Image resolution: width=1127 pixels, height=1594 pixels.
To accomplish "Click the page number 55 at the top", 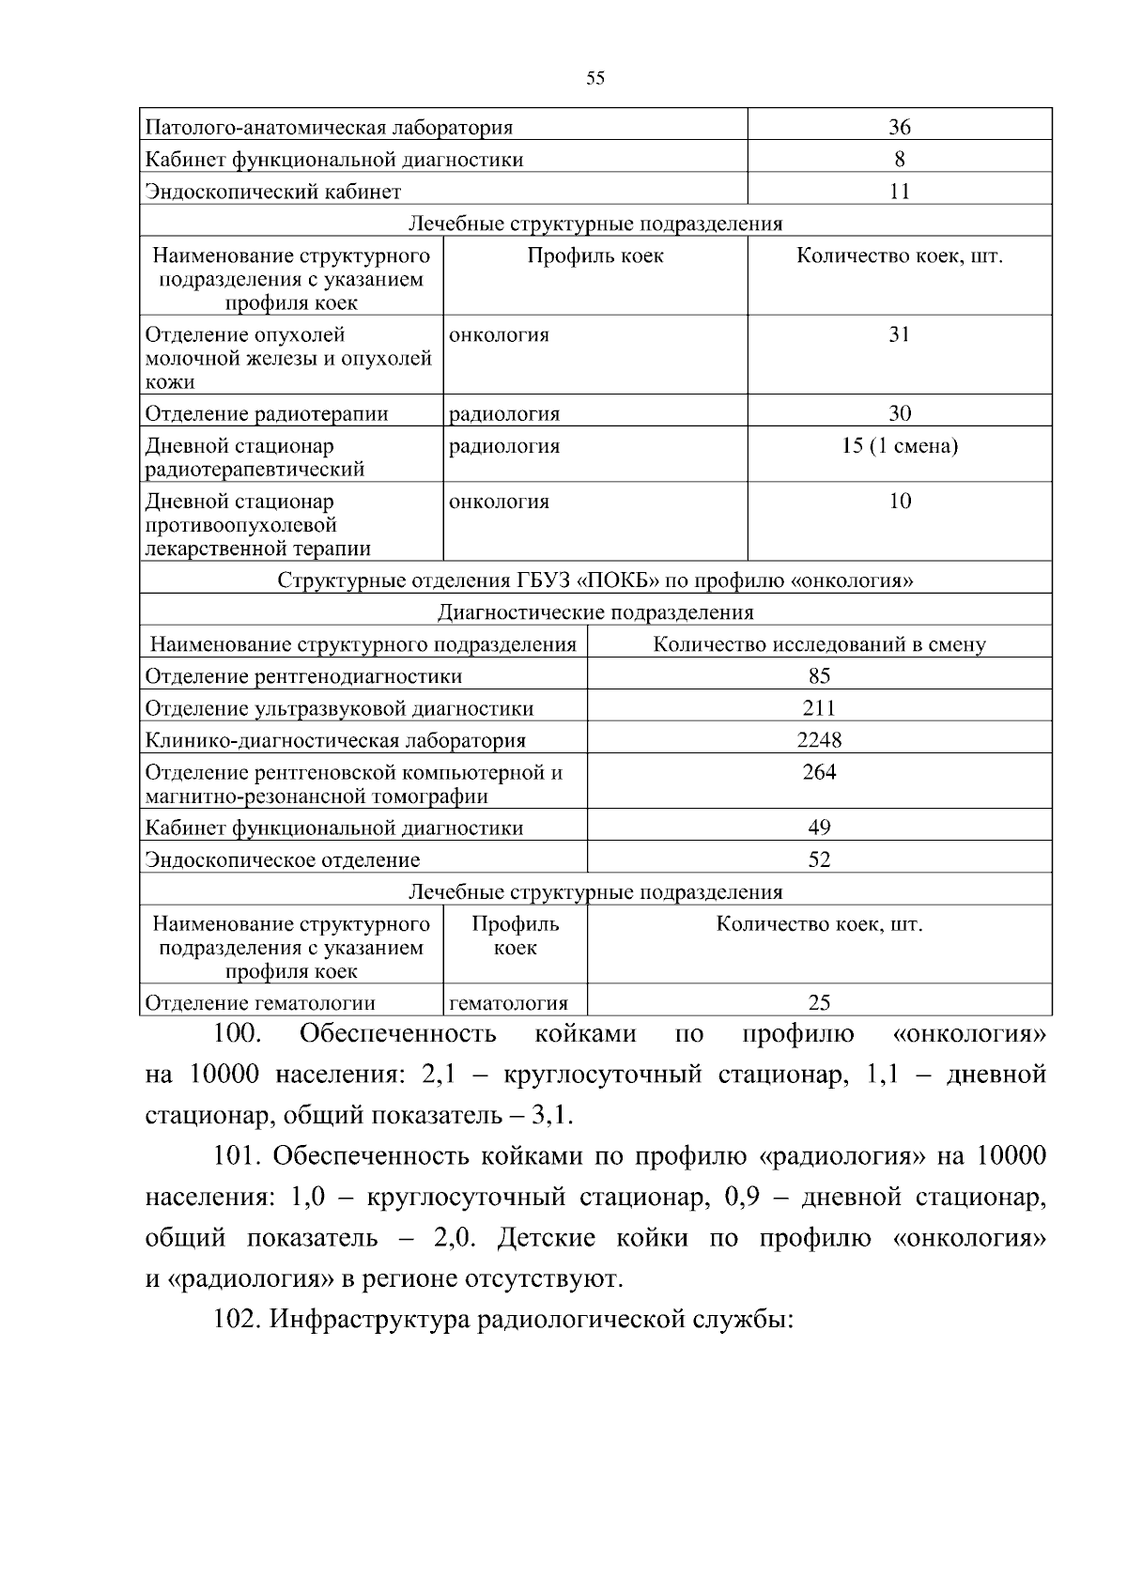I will pyautogui.click(x=594, y=78).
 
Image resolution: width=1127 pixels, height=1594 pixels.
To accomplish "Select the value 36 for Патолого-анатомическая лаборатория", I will pyautogui.click(x=899, y=127).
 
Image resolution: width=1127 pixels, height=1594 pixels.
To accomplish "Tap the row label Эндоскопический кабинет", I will pyautogui.click(x=273, y=192).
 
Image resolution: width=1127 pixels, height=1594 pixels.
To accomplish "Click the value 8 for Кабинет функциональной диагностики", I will pyautogui.click(x=899, y=159).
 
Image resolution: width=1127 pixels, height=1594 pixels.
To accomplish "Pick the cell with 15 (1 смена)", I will pyautogui.click(x=899, y=446).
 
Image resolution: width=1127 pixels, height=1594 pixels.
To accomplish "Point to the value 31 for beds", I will pyautogui.click(x=899, y=335).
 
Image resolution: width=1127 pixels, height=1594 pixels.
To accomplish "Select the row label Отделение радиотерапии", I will pyautogui.click(x=267, y=414).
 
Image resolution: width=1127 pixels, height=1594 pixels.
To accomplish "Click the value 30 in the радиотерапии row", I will pyautogui.click(x=899, y=414).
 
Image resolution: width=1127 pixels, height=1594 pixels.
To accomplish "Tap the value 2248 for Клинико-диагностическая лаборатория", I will pyautogui.click(x=819, y=740).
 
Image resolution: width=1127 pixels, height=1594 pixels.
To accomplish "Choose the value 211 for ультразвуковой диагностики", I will pyautogui.click(x=819, y=708).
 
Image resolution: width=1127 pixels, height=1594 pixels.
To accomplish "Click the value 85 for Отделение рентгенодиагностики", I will pyautogui.click(x=819, y=676).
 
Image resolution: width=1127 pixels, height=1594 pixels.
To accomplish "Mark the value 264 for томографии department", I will pyautogui.click(x=819, y=772).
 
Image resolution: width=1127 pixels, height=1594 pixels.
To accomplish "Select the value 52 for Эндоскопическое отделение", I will pyautogui.click(x=819, y=859).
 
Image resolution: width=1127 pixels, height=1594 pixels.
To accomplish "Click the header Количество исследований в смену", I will pyautogui.click(x=819, y=644).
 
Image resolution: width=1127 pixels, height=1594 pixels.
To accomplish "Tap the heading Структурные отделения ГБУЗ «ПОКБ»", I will pyautogui.click(x=595, y=580).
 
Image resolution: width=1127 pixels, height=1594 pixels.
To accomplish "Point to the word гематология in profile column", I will pyautogui.click(x=508, y=1003).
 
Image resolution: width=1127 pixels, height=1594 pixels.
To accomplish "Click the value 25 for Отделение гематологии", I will pyautogui.click(x=819, y=1003).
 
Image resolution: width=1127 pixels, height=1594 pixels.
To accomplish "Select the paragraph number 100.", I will pyautogui.click(x=236, y=1034).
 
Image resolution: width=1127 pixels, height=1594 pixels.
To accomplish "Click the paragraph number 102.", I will pyautogui.click(x=237, y=1320).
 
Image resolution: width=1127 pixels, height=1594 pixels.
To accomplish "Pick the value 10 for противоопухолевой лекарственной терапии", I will pyautogui.click(x=899, y=502).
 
